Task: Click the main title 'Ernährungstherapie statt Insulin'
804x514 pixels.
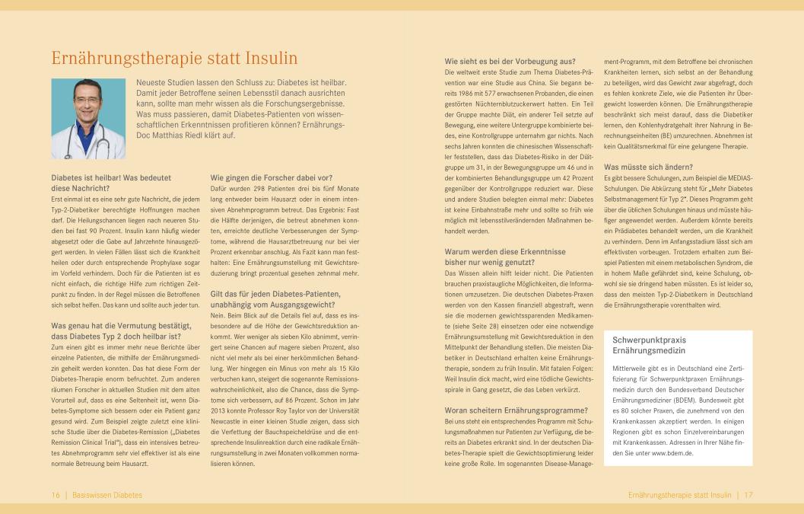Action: click(x=174, y=59)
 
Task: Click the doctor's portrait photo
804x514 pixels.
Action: click(x=88, y=118)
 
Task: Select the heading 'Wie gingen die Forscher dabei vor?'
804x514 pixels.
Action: click(x=271, y=177)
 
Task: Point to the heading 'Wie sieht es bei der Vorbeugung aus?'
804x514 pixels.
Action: click(x=510, y=61)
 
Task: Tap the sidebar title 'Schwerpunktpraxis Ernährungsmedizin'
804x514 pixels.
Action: click(x=648, y=345)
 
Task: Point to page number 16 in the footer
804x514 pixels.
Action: click(x=56, y=495)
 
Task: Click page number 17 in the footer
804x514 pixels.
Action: click(x=748, y=495)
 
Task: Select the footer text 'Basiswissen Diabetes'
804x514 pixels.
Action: click(x=106, y=495)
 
